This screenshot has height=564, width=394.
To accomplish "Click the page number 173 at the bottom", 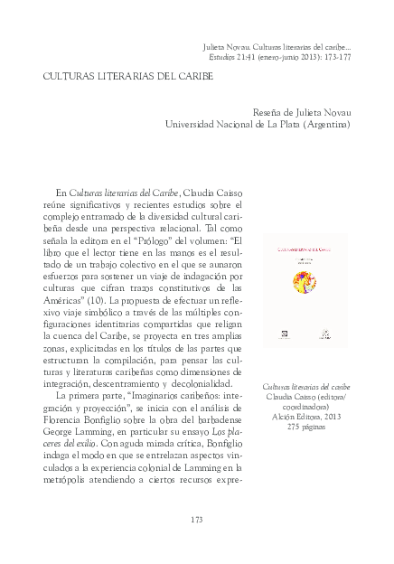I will coord(196,518).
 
